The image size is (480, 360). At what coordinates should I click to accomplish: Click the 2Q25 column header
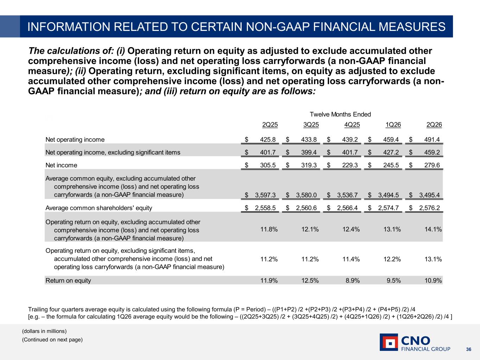[x=270, y=124]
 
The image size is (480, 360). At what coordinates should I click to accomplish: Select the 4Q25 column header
[x=352, y=124]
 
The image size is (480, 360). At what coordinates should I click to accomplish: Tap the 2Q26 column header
[x=434, y=124]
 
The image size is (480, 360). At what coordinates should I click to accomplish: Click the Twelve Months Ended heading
[x=340, y=114]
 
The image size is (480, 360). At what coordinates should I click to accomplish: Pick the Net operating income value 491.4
[x=432, y=140]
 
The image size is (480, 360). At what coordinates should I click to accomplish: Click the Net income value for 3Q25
[x=309, y=165]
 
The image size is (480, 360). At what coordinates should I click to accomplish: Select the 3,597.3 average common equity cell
[x=265, y=195]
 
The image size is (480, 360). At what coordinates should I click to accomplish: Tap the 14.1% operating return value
[x=433, y=229]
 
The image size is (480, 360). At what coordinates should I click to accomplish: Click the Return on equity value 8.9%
[x=352, y=281]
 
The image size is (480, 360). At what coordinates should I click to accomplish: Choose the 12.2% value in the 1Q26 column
[x=392, y=259]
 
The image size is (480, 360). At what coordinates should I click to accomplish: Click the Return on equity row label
[x=68, y=281]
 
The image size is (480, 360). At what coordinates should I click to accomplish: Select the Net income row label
[x=61, y=165]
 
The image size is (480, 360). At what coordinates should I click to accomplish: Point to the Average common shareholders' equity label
[x=98, y=208]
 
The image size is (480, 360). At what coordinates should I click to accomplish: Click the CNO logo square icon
[x=389, y=342]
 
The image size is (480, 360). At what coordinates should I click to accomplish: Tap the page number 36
[x=469, y=349]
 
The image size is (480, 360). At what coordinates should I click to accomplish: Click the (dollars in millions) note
[x=44, y=331]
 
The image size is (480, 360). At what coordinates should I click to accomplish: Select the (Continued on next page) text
[x=52, y=340]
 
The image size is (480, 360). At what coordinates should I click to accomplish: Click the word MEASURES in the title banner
[x=412, y=27]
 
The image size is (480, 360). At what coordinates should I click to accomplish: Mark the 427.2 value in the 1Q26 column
[x=391, y=152]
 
